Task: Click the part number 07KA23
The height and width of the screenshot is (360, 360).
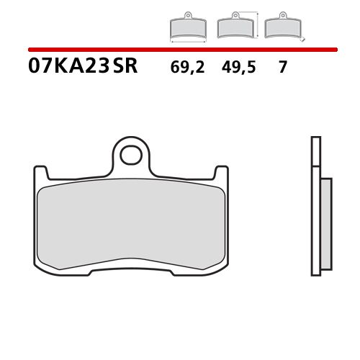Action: (69, 68)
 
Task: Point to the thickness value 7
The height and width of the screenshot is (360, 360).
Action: (283, 68)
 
